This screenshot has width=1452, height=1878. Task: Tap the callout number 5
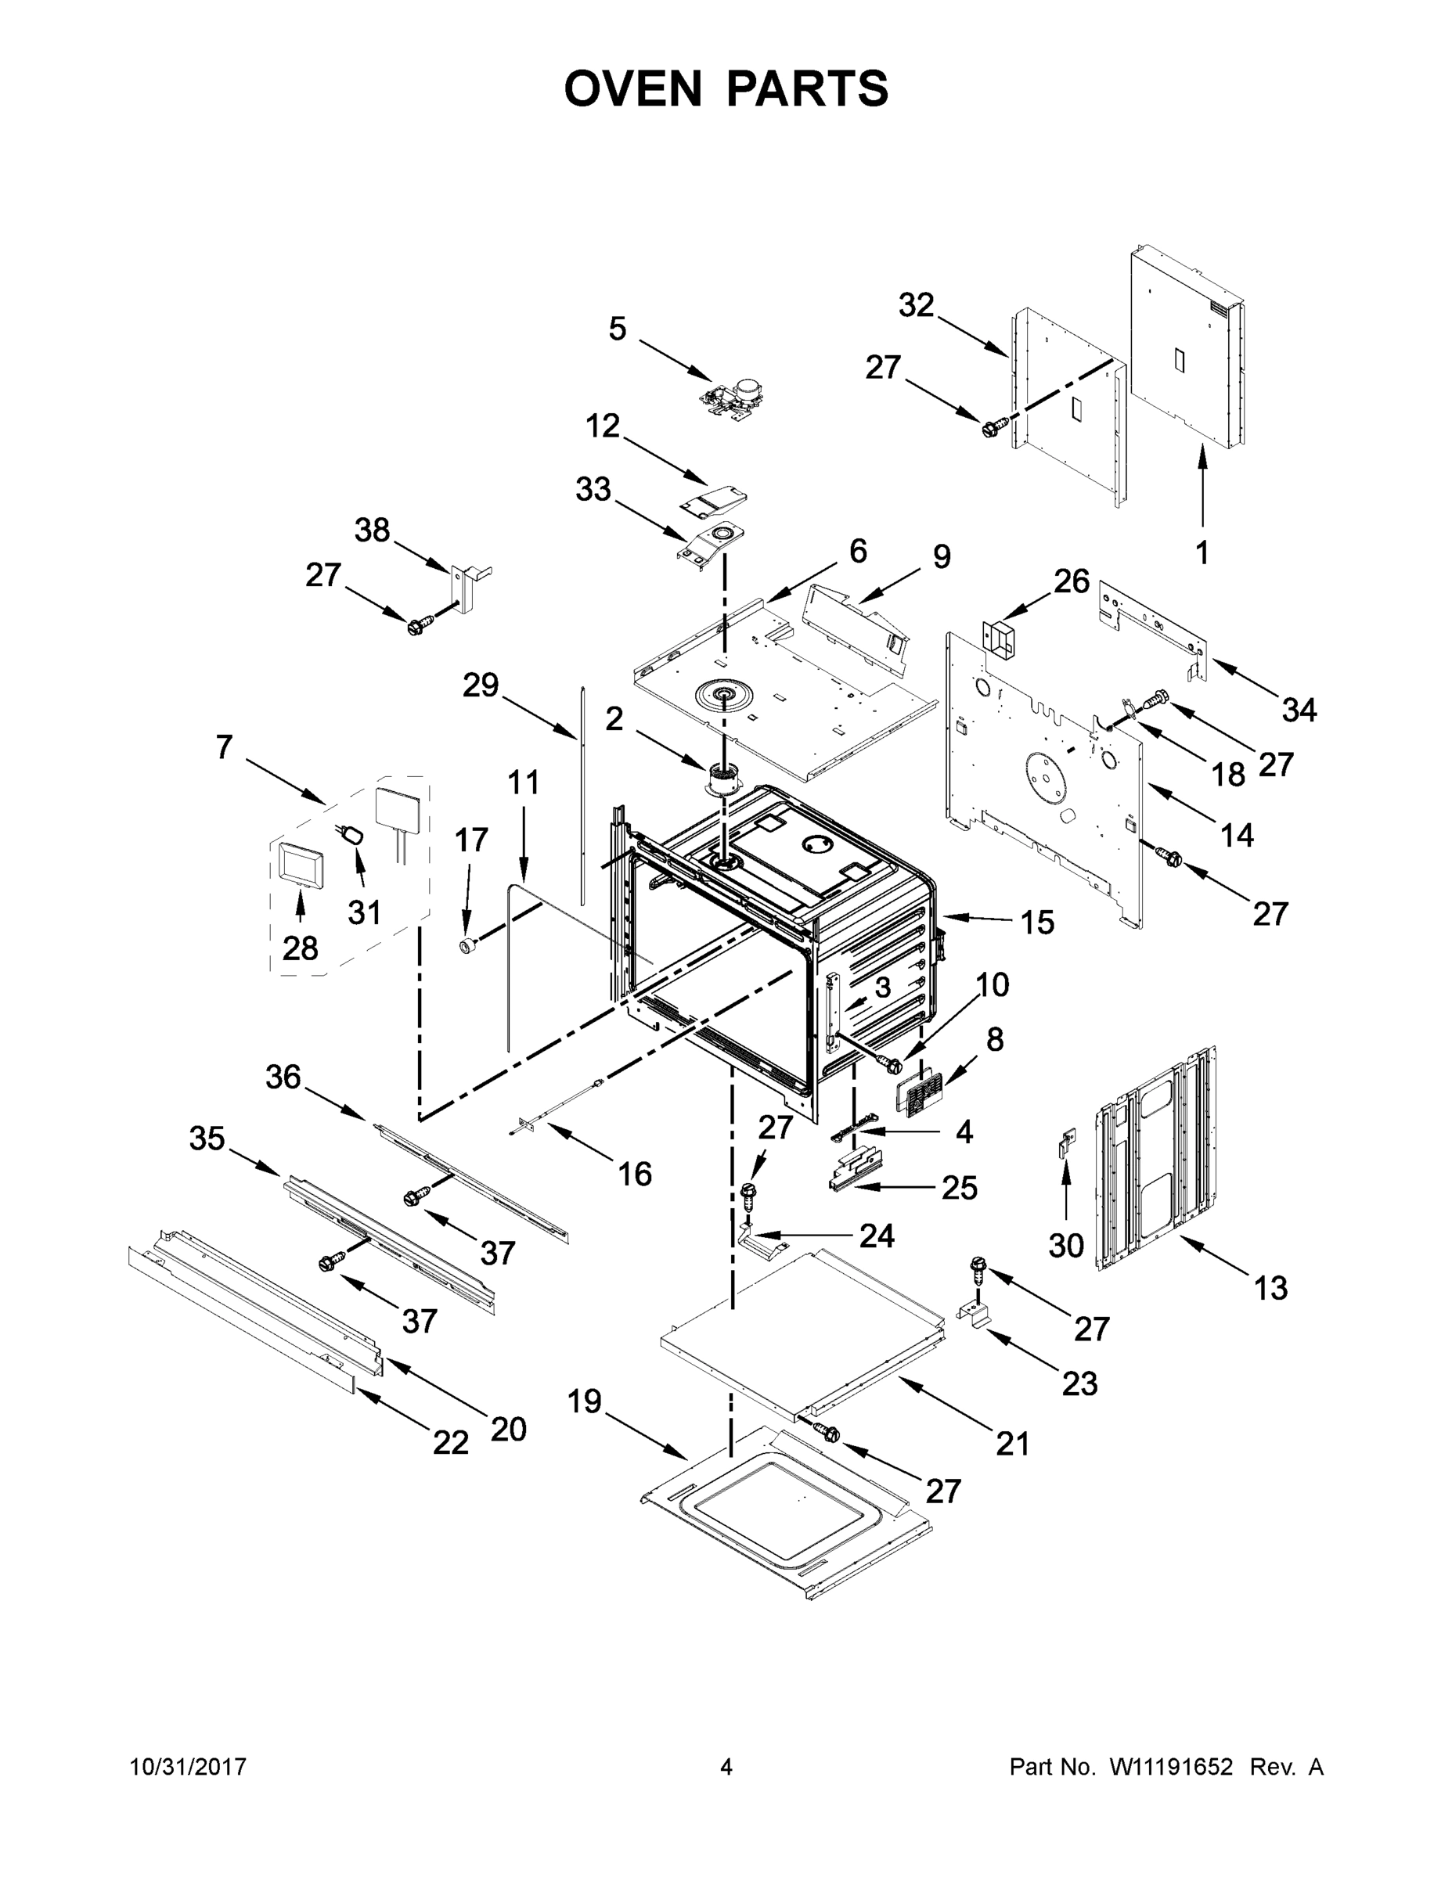pyautogui.click(x=618, y=329)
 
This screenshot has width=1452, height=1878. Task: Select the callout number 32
pyautogui.click(x=916, y=304)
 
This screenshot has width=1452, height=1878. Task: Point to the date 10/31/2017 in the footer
pyautogui.click(x=189, y=1767)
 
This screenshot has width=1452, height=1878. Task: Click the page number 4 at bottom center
pyautogui.click(x=726, y=1767)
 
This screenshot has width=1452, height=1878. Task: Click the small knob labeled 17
pyautogui.click(x=468, y=946)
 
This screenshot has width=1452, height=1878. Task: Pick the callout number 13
pyautogui.click(x=1270, y=1288)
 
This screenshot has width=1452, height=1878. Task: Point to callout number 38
pyautogui.click(x=373, y=531)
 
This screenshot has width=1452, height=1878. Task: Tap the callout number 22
pyautogui.click(x=451, y=1442)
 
